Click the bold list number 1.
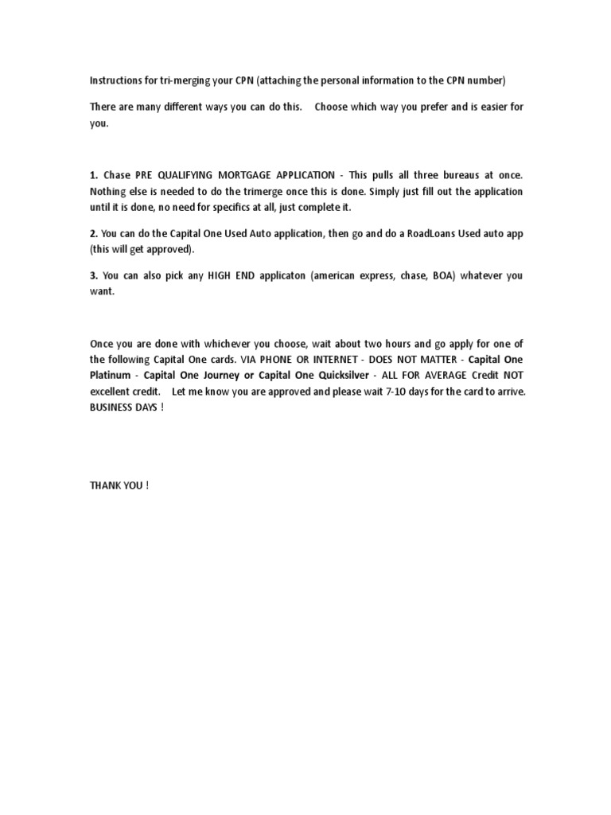tap(93, 174)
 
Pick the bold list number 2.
tap(93, 233)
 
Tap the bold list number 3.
tap(93, 275)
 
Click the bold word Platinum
tap(112, 375)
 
